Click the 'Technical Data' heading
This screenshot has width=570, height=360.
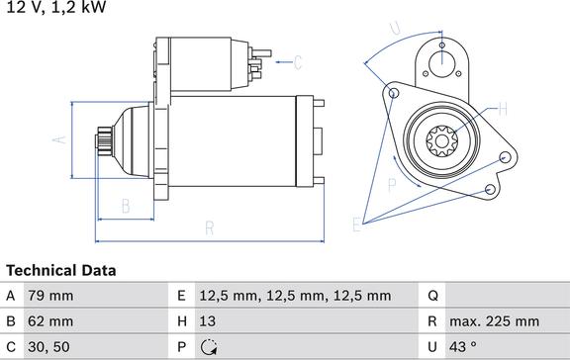[60, 270]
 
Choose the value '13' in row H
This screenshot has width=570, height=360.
[208, 321]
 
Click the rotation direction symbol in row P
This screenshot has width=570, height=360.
[208, 347]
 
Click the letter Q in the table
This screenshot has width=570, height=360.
[432, 296]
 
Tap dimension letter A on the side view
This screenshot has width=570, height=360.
[58, 140]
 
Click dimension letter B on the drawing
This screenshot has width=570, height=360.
[126, 207]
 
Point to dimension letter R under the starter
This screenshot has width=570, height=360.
[210, 228]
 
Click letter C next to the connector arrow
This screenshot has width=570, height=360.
[297, 64]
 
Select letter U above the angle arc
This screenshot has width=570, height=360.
[395, 30]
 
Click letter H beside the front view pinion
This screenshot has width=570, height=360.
[503, 109]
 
